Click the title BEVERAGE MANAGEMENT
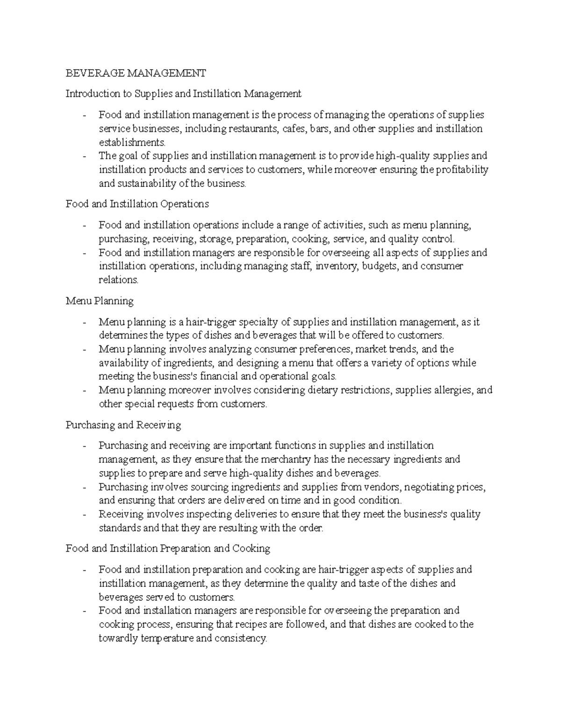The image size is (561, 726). tap(136, 73)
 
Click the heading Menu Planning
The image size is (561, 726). tap(100, 301)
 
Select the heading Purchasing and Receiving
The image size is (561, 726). tap(123, 425)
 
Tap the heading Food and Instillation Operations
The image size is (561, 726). tap(137, 204)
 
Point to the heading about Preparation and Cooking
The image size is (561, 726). tap(168, 548)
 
